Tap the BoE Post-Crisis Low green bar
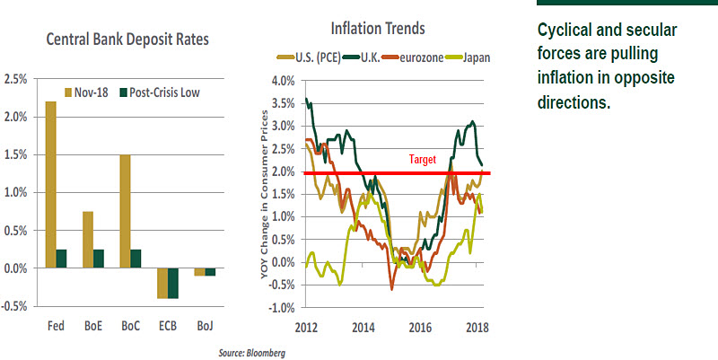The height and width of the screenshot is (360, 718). (99, 259)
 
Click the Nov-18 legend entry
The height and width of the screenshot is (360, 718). (94, 92)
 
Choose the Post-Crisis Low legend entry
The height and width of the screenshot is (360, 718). (161, 92)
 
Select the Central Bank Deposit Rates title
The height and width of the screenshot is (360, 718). (125, 40)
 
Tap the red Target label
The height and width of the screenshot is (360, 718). (423, 158)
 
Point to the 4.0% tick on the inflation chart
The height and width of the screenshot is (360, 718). (283, 81)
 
